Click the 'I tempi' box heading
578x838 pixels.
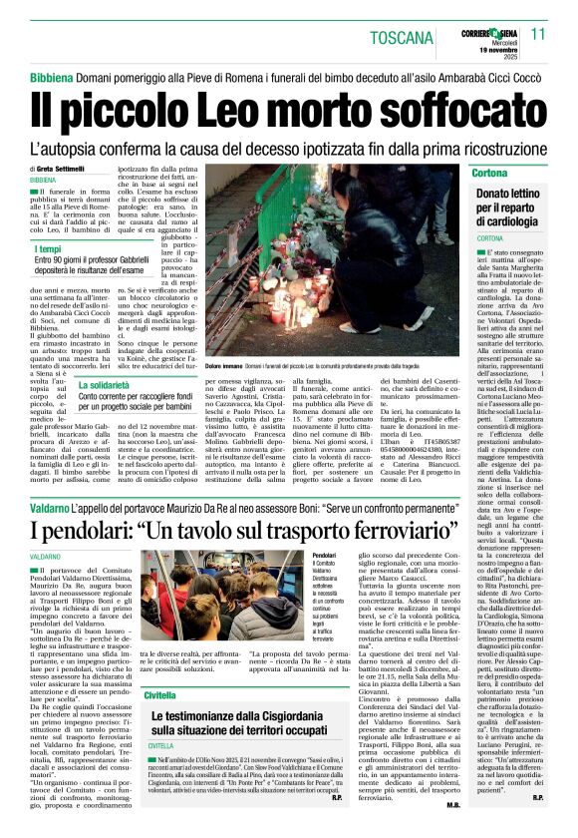point(49,248)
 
